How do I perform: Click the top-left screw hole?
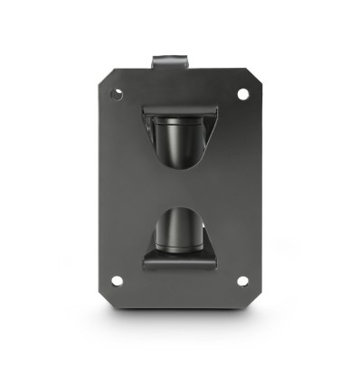click(x=116, y=93)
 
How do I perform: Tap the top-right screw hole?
click(x=242, y=93)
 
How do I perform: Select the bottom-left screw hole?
click(x=116, y=281)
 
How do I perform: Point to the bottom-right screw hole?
click(x=242, y=281)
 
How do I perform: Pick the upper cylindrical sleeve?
click(x=179, y=136)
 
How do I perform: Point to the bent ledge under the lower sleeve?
click(x=179, y=262)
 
